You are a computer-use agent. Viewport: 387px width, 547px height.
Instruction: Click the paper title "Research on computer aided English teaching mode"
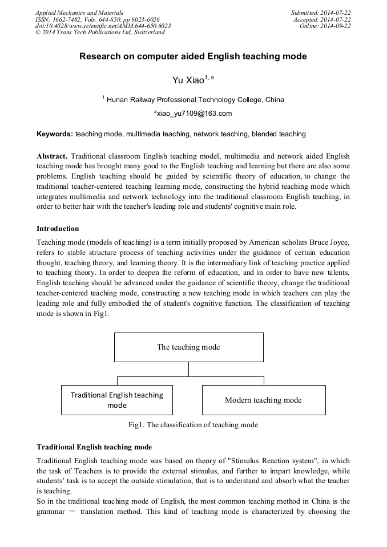pos(193,56)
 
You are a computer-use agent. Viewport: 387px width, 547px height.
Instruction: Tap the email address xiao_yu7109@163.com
pos(193,114)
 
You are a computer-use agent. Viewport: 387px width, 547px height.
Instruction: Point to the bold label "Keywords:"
pos(55,134)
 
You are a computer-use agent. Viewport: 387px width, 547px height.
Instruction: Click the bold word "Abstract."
pos(53,156)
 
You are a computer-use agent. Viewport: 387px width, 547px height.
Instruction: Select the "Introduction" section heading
pos(58,229)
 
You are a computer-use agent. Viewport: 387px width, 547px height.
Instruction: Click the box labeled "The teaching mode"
pos(188,347)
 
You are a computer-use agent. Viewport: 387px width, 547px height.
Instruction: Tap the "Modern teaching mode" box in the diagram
pos(263,400)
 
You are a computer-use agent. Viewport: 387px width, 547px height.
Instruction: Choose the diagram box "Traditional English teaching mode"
pos(116,400)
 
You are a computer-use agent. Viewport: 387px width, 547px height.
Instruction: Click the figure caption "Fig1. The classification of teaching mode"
pos(193,424)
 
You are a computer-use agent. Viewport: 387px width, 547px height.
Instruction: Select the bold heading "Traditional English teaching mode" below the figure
pos(94,447)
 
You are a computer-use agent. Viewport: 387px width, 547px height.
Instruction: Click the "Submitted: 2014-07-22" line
pos(321,13)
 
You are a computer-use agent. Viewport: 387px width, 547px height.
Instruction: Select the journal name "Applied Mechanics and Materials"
pos(79,13)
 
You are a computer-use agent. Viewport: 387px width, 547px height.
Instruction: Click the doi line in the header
pos(103,26)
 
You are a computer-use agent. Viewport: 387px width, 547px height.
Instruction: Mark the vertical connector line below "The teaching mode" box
pos(188,369)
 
